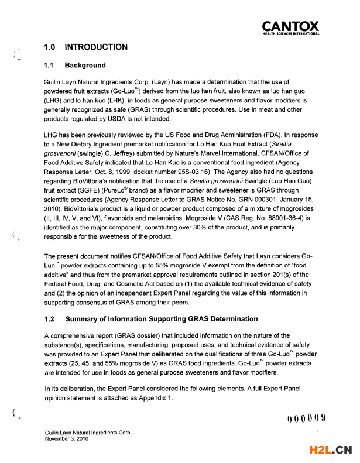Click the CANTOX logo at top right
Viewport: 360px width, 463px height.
coord(290,28)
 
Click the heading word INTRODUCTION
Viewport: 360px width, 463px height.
coord(96,47)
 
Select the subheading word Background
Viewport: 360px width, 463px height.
coord(85,65)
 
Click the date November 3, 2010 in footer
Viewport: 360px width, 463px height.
coord(67,438)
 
